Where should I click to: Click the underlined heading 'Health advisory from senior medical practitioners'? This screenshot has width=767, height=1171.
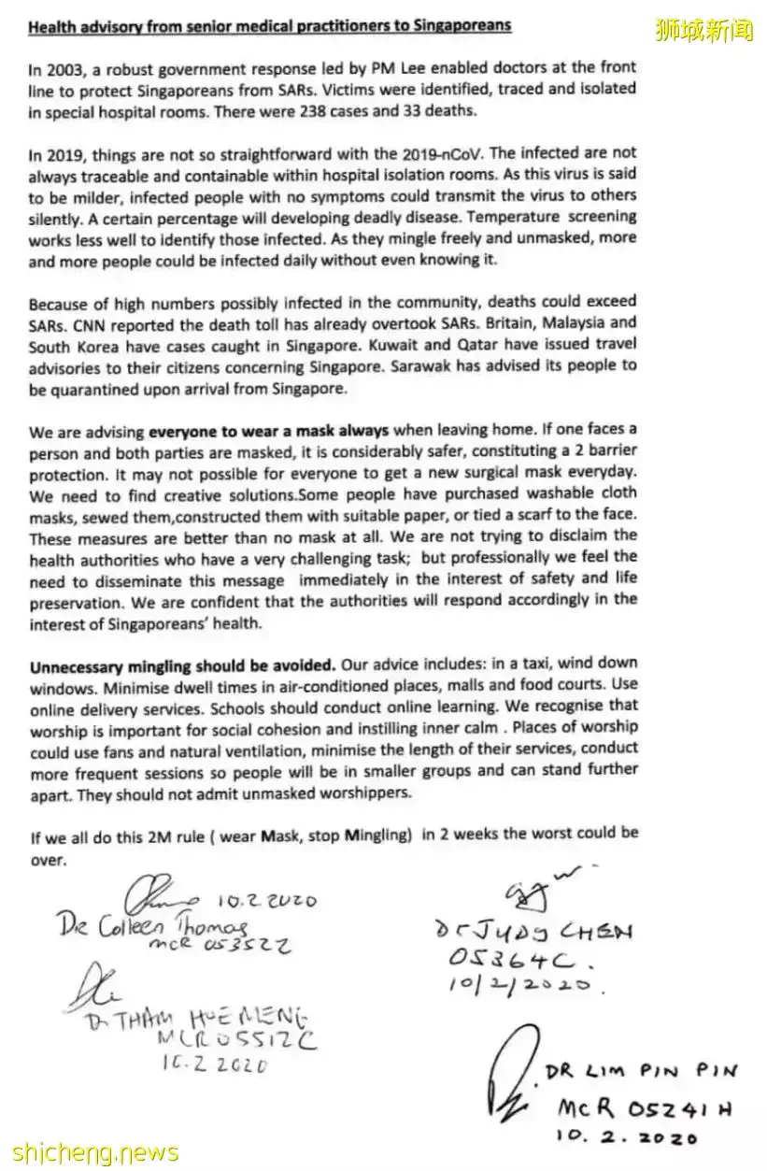[270, 25]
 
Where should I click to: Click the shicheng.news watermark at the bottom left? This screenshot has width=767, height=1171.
[89, 1151]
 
